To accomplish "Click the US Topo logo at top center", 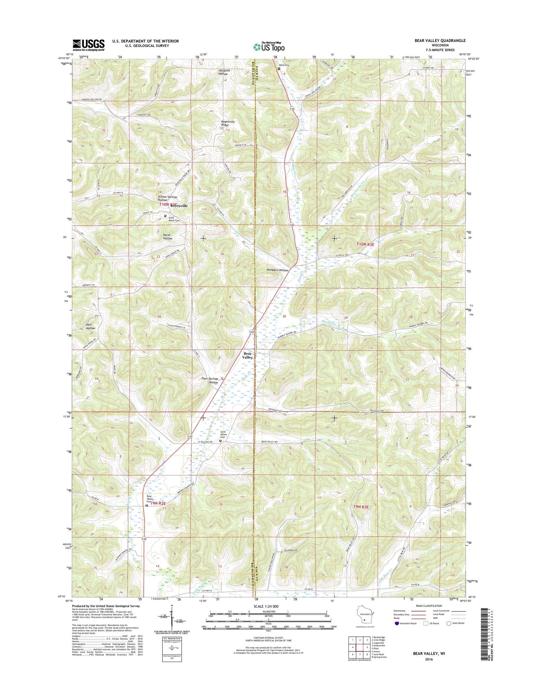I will (x=269, y=47).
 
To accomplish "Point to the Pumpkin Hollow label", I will (x=277, y=270).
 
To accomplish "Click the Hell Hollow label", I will (x=90, y=326).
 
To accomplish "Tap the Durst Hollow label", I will (x=168, y=237).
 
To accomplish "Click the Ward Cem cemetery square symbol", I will (x=278, y=68).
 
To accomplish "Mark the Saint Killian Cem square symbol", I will (x=220, y=441).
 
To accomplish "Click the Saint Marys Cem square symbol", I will (x=165, y=215).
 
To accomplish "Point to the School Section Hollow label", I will (x=168, y=198).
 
